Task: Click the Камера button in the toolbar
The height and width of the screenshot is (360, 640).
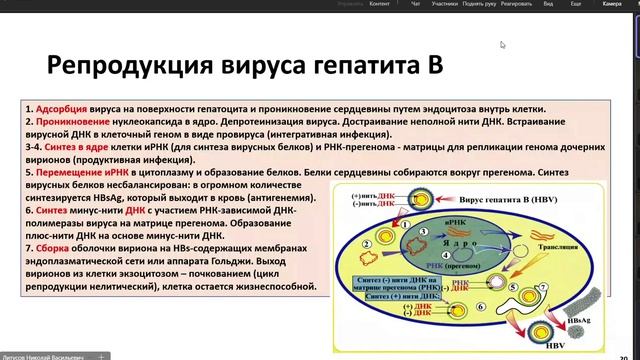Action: pos(611,5)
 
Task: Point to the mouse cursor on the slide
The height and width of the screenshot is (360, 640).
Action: pos(503,44)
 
